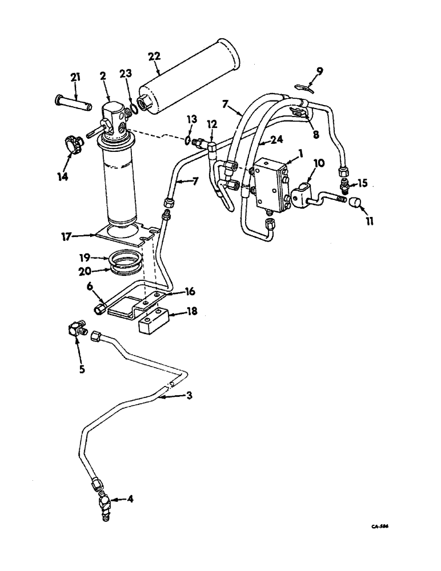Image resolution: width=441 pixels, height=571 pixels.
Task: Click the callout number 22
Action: click(154, 57)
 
